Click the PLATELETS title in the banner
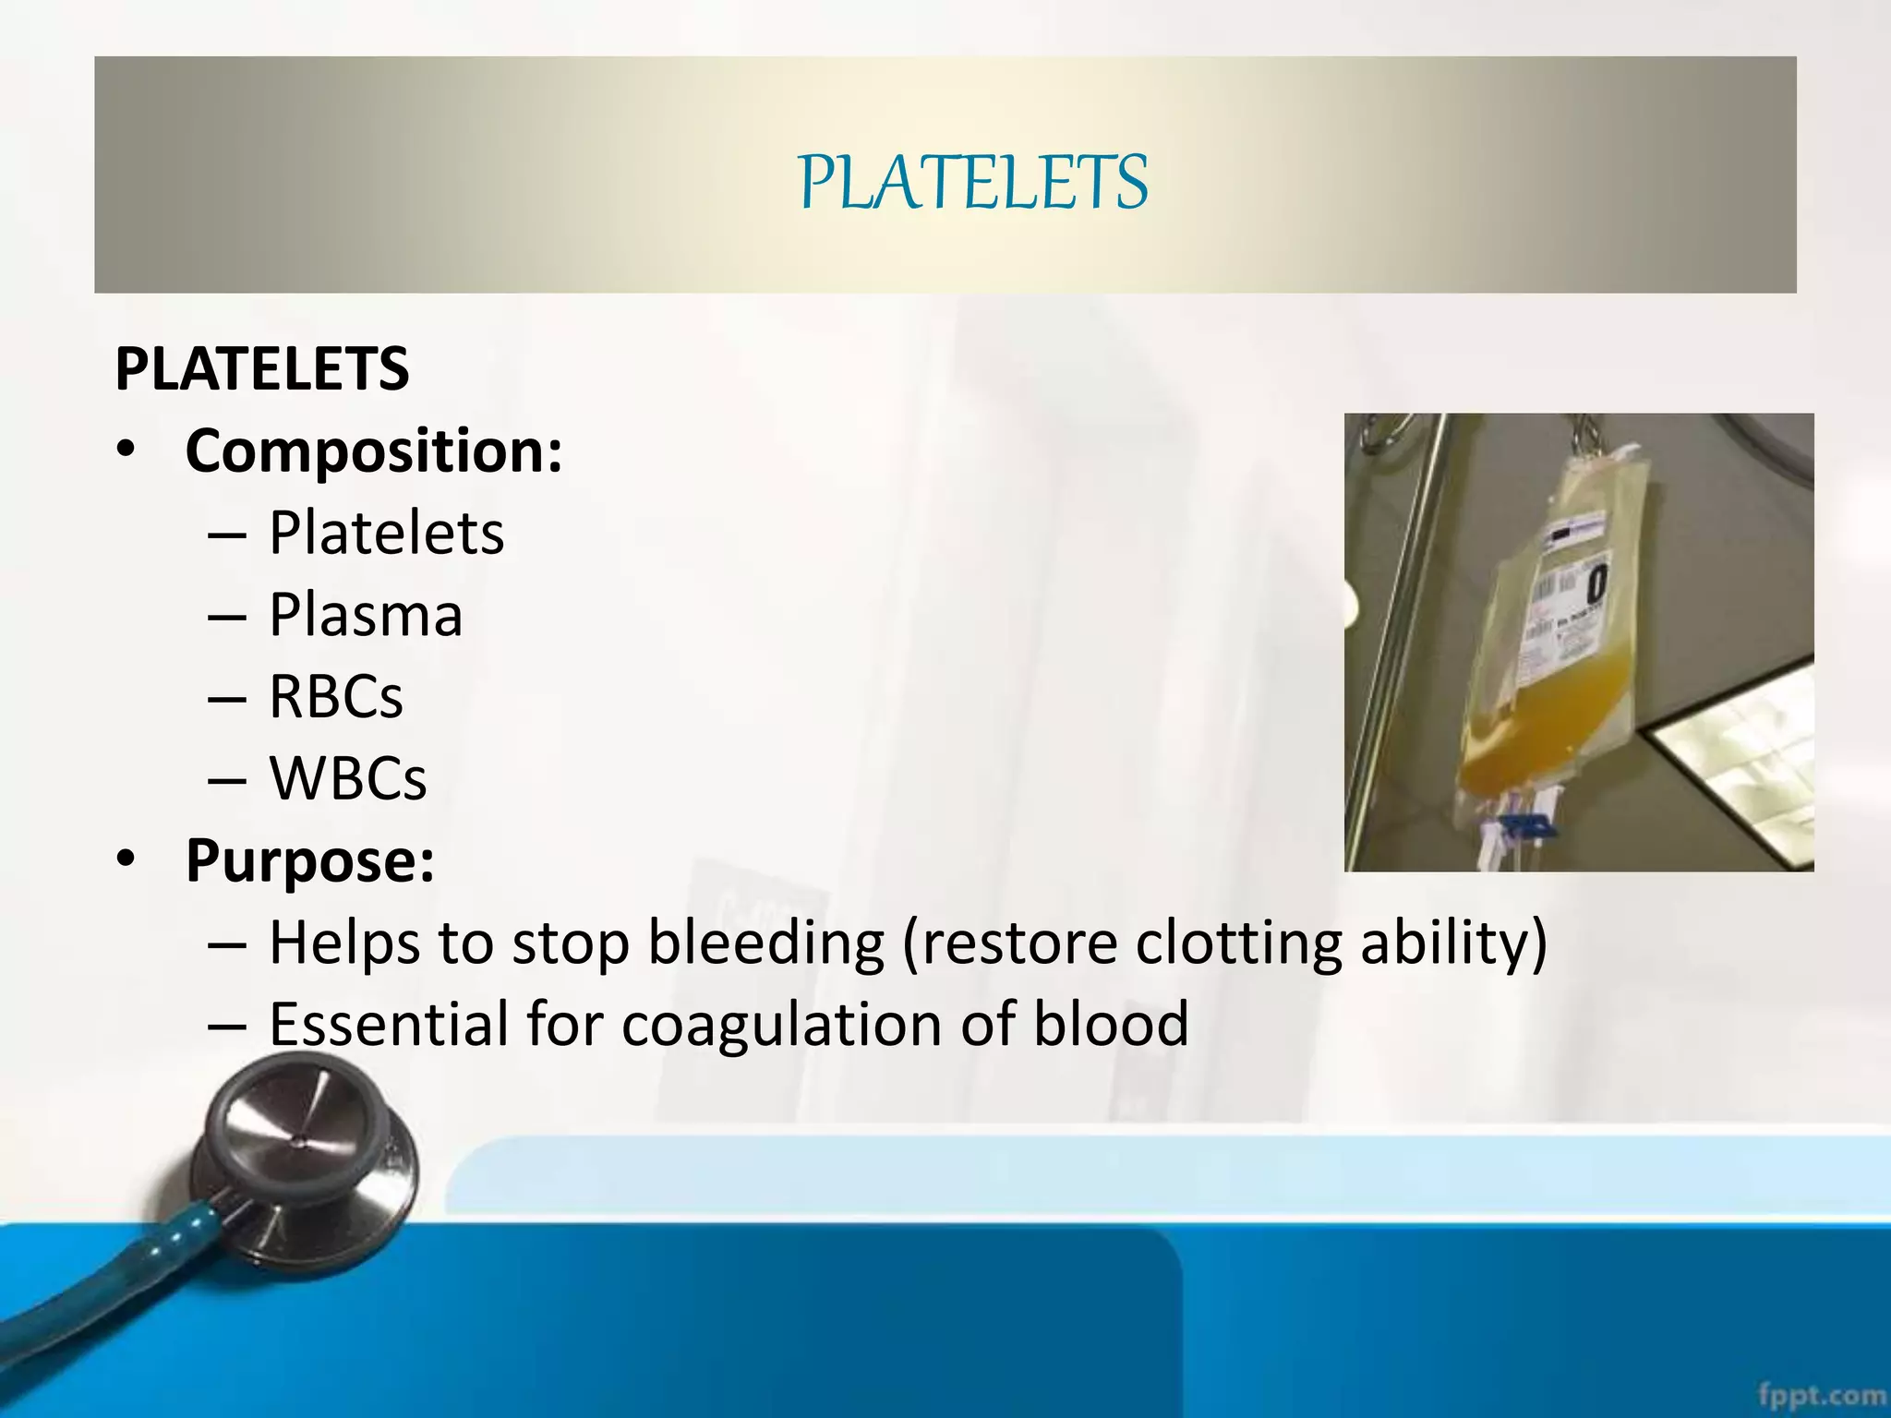coord(973,182)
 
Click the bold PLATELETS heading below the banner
coord(261,369)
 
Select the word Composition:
coord(373,451)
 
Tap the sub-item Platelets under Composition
coord(386,533)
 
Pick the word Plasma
coord(366,615)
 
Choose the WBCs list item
coord(348,778)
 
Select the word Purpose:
coord(309,860)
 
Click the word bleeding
coord(765,943)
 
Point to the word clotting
coord(1238,943)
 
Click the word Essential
coord(389,1024)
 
